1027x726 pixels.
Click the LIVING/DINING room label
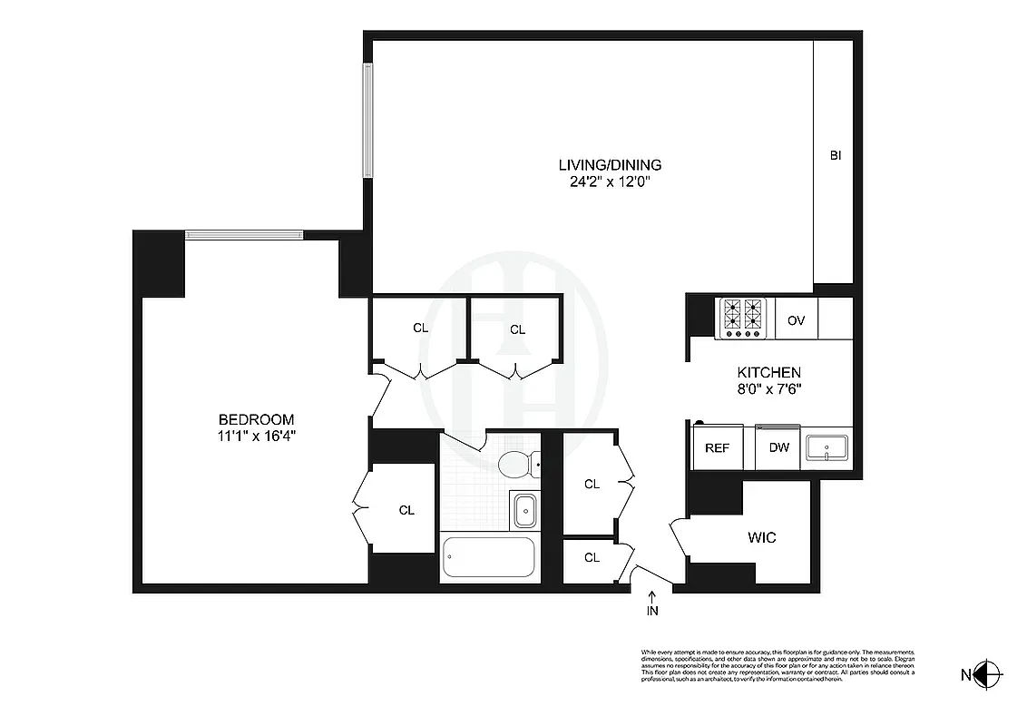tap(609, 165)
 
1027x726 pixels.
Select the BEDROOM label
tap(257, 419)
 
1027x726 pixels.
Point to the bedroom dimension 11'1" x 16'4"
tap(257, 435)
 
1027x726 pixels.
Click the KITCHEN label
tap(768, 372)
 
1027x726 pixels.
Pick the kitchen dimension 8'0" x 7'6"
tap(768, 388)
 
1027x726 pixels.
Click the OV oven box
tap(797, 319)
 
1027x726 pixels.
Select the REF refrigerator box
tap(717, 448)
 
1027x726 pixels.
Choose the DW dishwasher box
tap(778, 448)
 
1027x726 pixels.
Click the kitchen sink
tap(826, 446)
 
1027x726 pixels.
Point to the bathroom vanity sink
tap(524, 510)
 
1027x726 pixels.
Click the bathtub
tap(487, 558)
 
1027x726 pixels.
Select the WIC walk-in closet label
tap(762, 537)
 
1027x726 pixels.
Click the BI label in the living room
tap(836, 156)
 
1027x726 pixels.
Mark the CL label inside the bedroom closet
tap(406, 510)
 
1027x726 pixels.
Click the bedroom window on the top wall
tap(245, 235)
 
